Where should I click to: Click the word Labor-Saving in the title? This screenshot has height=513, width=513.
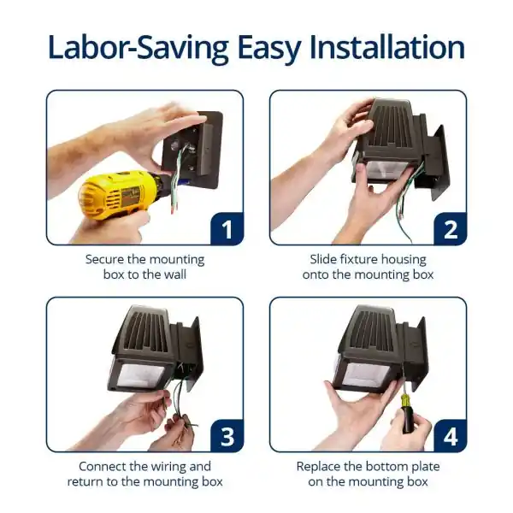[138, 48]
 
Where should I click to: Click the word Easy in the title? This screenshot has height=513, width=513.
[269, 49]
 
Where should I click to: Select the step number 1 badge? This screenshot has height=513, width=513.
[227, 228]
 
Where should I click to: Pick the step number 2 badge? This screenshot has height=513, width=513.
[451, 228]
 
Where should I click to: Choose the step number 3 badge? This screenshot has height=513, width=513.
[227, 436]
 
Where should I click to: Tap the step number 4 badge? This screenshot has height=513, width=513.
[451, 436]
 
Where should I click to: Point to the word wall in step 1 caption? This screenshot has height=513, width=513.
[175, 274]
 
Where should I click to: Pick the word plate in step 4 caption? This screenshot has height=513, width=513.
[426, 467]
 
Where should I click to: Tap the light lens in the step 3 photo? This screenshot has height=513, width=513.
[141, 375]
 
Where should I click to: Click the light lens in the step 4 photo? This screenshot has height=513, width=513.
[366, 374]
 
